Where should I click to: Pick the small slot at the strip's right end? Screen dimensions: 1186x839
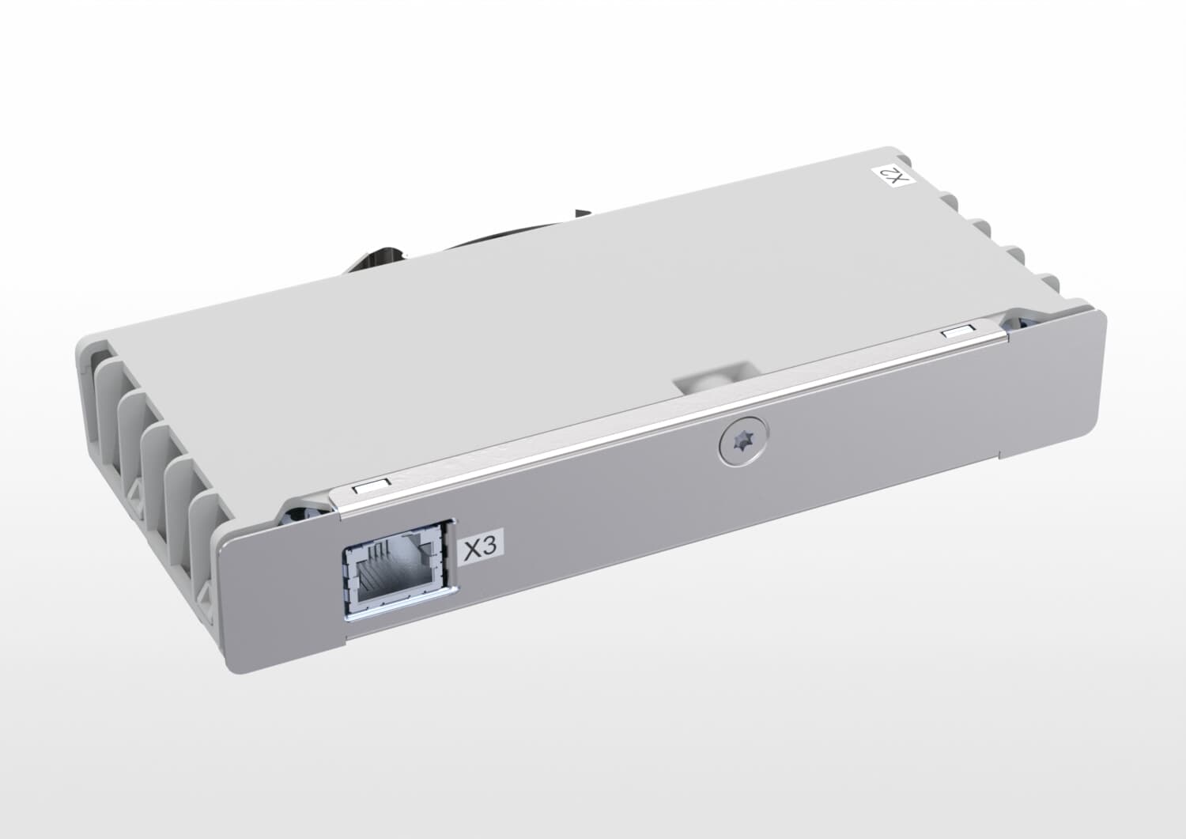tap(957, 333)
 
